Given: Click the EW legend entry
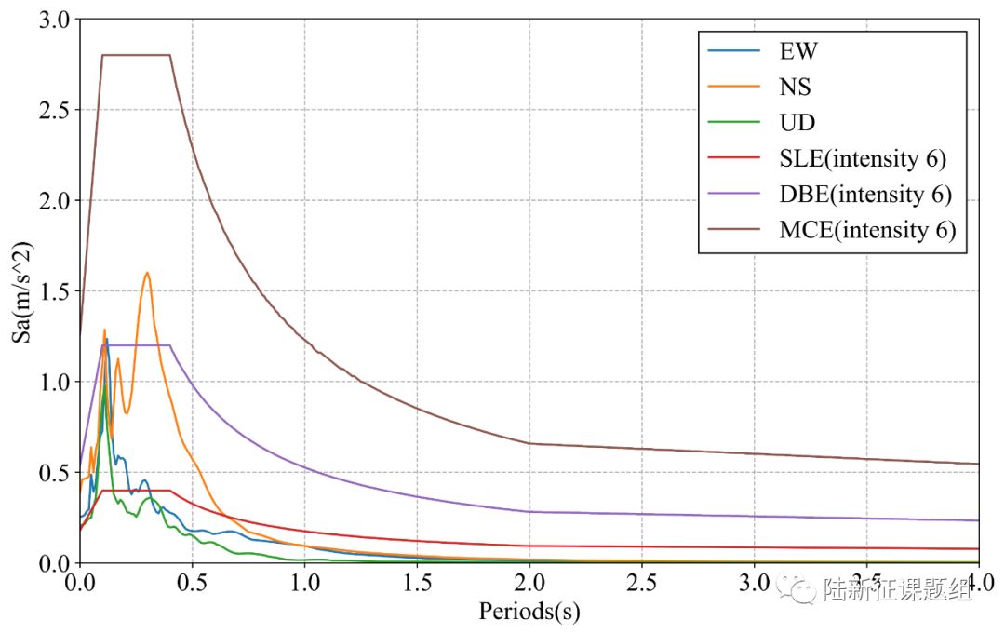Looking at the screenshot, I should click(x=798, y=50).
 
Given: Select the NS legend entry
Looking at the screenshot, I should click(x=795, y=87).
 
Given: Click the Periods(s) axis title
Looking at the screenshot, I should click(x=529, y=612).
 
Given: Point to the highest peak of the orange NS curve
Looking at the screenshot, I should click(x=147, y=273).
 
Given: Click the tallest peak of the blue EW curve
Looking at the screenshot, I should click(x=106, y=340).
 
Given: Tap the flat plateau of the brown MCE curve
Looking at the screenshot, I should click(x=136, y=55).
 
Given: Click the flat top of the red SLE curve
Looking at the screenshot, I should click(x=136, y=490).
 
